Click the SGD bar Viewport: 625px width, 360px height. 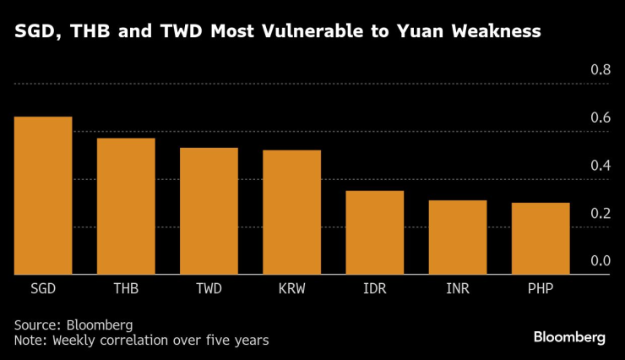[x=42, y=196]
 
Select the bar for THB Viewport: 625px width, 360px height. [x=125, y=206]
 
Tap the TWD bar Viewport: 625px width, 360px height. [x=209, y=211]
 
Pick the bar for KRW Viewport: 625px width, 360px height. [x=291, y=213]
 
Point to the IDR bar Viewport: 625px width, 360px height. [x=374, y=233]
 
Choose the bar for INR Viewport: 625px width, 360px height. [x=457, y=237]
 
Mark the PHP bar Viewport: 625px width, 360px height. [x=541, y=239]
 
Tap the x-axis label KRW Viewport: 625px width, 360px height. [x=292, y=289]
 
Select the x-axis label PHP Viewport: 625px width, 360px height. [x=541, y=289]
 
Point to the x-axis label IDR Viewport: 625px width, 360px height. [x=375, y=289]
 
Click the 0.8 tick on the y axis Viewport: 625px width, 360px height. [x=599, y=70]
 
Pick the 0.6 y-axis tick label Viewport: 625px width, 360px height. [x=599, y=117]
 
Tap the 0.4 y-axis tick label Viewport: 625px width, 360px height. [x=599, y=166]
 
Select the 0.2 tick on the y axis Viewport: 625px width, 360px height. [x=599, y=214]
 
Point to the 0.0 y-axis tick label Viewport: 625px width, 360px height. [x=599, y=261]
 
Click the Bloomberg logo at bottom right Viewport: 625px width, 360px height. [x=569, y=337]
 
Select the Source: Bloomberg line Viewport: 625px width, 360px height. [x=73, y=325]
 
